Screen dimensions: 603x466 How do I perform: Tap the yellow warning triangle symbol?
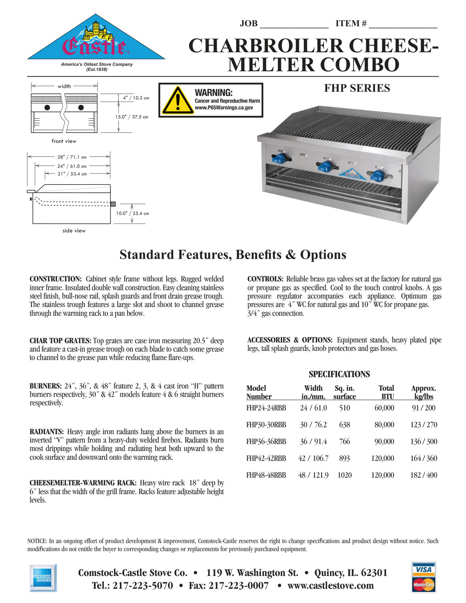(177, 100)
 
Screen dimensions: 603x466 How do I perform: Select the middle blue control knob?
(325, 167)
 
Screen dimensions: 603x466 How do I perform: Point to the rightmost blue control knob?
(378, 176)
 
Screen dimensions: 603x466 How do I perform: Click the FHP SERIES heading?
(357, 88)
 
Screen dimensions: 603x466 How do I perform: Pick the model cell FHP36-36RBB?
(266, 441)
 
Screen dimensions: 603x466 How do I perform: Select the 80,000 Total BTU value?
(384, 425)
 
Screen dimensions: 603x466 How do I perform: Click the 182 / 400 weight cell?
(424, 475)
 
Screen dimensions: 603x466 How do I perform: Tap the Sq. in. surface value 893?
(344, 458)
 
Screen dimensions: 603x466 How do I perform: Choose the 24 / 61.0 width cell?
(313, 408)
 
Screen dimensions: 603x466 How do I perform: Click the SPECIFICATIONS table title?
(339, 374)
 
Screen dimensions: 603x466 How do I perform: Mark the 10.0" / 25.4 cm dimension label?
(133, 213)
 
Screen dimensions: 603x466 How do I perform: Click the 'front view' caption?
(64, 141)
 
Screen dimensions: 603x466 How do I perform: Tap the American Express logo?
(43, 578)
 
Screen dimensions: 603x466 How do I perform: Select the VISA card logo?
(424, 569)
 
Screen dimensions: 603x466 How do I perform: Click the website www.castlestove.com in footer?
(330, 586)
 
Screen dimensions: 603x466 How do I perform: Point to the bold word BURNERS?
(46, 386)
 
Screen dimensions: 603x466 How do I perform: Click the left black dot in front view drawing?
(47, 107)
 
